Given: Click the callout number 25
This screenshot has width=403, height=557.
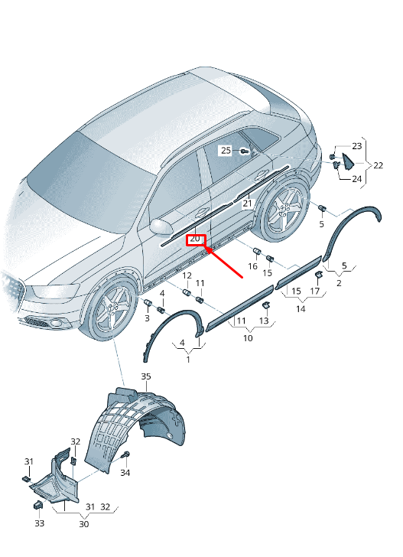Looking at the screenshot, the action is [x=226, y=150].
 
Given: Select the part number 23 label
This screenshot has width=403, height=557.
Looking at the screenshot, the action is [x=357, y=145].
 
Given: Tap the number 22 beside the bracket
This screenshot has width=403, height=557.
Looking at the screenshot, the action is [x=378, y=165].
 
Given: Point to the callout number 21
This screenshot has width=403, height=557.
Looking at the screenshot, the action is [x=247, y=204].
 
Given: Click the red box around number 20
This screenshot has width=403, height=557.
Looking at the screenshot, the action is [x=196, y=240].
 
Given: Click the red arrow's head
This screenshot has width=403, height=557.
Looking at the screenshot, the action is [x=210, y=250].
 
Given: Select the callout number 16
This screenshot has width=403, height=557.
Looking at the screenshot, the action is [x=252, y=266].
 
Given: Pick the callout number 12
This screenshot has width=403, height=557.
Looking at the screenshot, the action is [x=187, y=275].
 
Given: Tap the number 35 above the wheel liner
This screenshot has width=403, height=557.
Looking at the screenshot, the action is [x=146, y=376].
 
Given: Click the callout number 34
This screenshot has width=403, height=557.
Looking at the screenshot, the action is [x=125, y=473].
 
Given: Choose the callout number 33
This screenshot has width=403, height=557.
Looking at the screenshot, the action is [x=39, y=523].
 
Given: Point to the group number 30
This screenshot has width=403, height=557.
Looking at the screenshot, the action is [x=84, y=524].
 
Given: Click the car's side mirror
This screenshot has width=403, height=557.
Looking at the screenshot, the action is [x=161, y=226].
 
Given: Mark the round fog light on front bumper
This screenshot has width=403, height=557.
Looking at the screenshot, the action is [x=56, y=323].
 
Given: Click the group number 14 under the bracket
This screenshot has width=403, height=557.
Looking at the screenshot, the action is [x=301, y=308].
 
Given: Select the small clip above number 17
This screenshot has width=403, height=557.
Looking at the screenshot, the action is [x=318, y=274].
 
